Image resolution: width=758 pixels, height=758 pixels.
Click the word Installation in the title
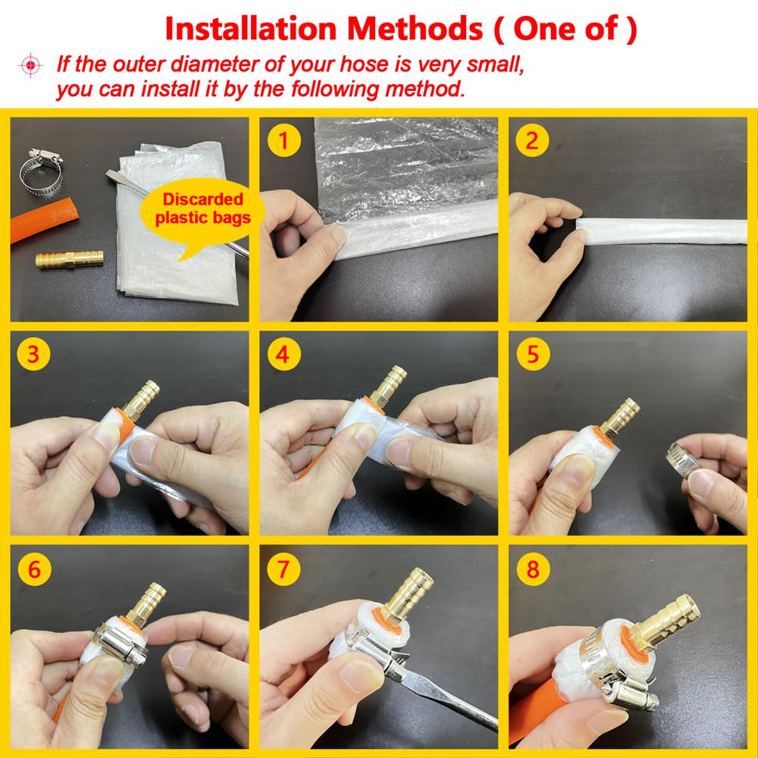point(250,29)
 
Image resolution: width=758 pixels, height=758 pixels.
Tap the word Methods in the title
point(415,29)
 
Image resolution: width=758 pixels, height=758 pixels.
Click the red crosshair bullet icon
point(30,64)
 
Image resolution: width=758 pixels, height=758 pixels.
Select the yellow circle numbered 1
point(283,141)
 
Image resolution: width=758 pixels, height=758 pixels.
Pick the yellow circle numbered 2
point(532,141)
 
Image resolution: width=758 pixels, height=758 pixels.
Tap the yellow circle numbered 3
point(33,354)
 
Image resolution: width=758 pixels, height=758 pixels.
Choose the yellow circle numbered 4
point(283,354)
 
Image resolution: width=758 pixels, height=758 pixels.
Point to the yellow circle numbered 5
point(532,354)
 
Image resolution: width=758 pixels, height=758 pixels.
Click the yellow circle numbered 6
point(34,569)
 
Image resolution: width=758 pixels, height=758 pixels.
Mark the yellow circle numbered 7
point(283,569)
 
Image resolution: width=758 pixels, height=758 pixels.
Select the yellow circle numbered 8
point(532,569)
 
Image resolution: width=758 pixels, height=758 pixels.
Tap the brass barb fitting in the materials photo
point(70,258)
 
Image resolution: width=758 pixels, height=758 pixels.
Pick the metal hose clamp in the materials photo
point(41,173)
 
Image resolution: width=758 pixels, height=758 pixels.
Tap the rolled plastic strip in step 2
point(661,231)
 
